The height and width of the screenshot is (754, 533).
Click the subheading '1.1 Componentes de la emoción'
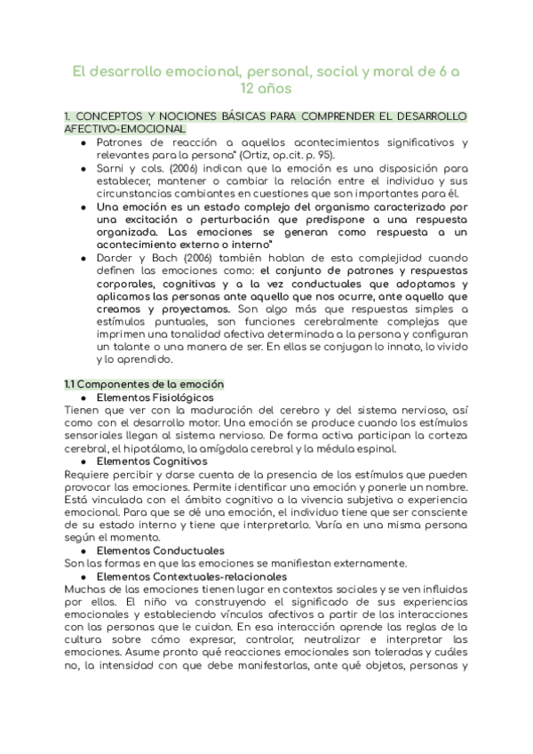(145, 384)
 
